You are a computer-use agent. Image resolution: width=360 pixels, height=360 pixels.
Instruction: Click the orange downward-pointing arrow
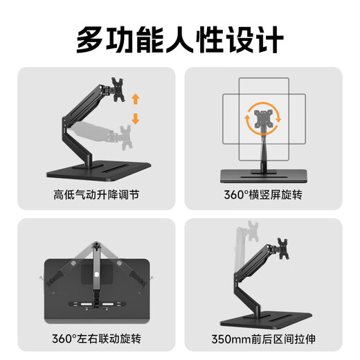coord(135,118)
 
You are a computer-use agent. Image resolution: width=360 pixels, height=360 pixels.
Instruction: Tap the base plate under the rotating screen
coord(267,172)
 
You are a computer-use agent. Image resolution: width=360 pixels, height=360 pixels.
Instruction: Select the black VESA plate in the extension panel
coord(283,246)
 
